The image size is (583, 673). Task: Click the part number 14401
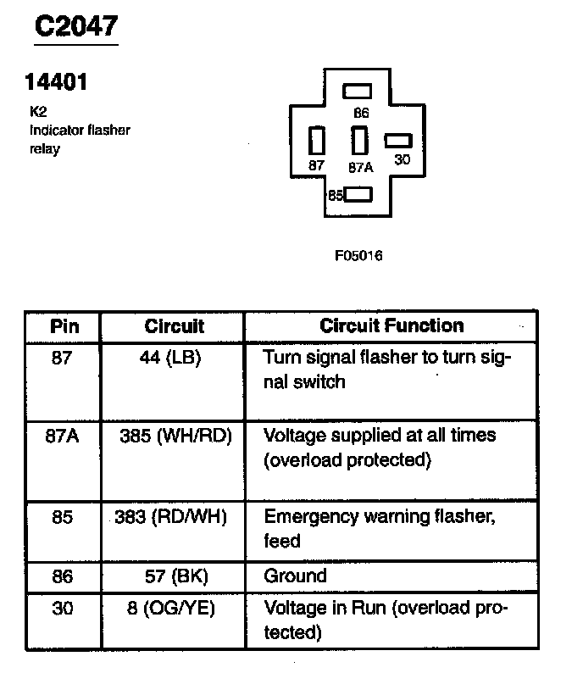pos(58,84)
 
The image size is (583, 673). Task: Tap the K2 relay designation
pos(36,109)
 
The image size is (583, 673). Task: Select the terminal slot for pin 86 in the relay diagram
pos(358,92)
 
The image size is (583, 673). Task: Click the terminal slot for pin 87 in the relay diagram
pos(318,140)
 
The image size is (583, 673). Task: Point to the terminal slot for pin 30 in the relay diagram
pos(398,140)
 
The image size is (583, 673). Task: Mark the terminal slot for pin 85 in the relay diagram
pos(358,195)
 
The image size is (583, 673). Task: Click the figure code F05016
pos(358,255)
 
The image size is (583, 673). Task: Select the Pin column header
pos(63,326)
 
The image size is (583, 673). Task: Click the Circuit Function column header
pos(391,326)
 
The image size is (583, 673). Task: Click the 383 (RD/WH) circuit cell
pos(170,516)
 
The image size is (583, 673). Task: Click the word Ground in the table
pos(295,576)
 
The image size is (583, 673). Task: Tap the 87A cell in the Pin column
pos(63,436)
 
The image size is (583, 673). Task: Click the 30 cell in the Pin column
pos(63,608)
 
